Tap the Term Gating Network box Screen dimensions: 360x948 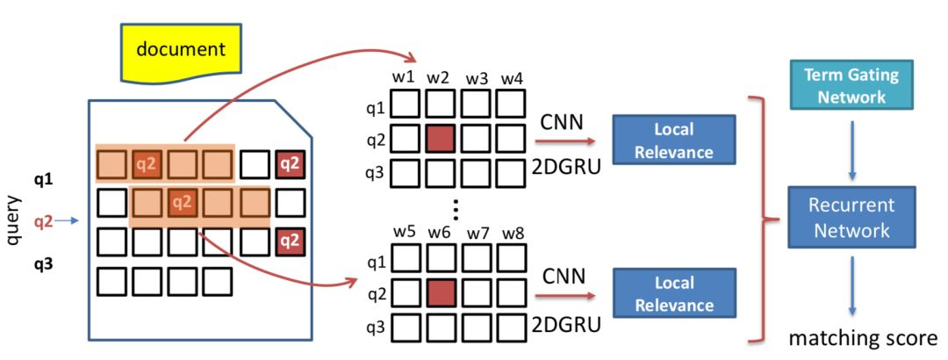(851, 85)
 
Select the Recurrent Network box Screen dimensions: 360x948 (851, 218)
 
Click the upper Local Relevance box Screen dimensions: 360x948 (673, 140)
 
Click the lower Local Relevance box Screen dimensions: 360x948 (673, 294)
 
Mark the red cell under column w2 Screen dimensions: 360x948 (440, 140)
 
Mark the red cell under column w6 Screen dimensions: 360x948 (440, 294)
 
